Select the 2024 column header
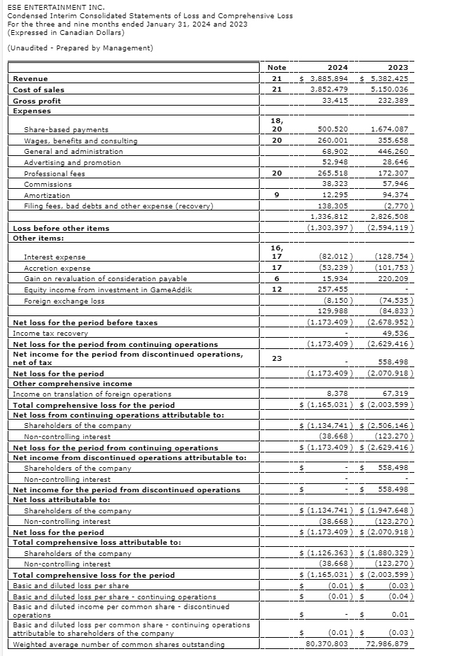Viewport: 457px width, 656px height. (x=338, y=67)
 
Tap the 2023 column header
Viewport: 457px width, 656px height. (x=397, y=67)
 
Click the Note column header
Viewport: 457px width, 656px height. (x=276, y=67)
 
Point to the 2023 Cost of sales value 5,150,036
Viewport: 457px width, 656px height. (x=391, y=90)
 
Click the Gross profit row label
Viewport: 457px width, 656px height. (x=37, y=101)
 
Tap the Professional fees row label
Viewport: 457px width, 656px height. (x=55, y=173)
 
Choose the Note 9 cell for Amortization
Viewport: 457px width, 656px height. (x=276, y=195)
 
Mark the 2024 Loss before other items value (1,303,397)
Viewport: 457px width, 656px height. (x=330, y=228)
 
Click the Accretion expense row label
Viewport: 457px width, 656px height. (x=57, y=268)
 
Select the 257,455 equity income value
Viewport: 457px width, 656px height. (x=332, y=290)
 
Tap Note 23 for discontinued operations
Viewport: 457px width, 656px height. (x=276, y=357)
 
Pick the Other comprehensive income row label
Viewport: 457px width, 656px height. (x=64, y=383)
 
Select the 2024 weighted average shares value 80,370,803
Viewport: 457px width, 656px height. (x=328, y=643)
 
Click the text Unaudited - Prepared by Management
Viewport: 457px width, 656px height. (x=79, y=48)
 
